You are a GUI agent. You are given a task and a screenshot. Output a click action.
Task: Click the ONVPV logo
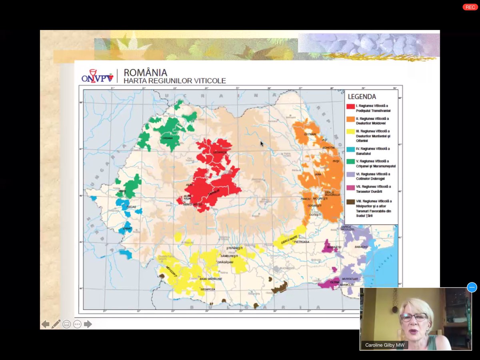click(98, 76)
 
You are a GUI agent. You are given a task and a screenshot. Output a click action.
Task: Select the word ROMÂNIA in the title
click(145, 72)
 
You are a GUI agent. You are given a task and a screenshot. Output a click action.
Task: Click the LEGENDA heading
click(362, 96)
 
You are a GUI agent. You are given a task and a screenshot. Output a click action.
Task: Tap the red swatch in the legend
click(350, 106)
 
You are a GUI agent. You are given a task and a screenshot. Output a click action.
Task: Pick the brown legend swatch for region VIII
click(350, 202)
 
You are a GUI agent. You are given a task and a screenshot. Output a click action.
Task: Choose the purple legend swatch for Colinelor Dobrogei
click(350, 174)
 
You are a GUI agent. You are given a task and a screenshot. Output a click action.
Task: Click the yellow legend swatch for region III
click(350, 132)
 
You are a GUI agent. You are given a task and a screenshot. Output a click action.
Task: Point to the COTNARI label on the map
click(310, 134)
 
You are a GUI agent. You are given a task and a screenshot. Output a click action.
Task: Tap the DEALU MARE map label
click(289, 239)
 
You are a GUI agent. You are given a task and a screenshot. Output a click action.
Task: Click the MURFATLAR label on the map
click(350, 279)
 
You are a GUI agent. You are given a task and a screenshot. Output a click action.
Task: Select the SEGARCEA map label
click(208, 289)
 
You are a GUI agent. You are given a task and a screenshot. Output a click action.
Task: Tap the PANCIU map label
click(306, 199)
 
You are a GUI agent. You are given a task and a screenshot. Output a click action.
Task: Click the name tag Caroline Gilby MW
click(384, 345)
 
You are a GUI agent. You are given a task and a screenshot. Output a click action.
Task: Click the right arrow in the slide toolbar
click(88, 324)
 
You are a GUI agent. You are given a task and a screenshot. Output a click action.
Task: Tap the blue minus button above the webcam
click(472, 287)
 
